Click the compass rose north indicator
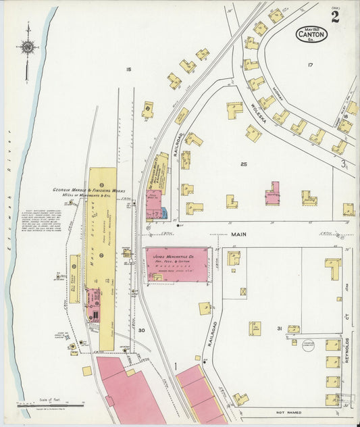[x=28, y=47]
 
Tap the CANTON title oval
[x=311, y=34]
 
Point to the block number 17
[x=310, y=65]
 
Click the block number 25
[x=244, y=164]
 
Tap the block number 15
[x=128, y=70]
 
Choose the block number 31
[x=278, y=328]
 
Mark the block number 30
[x=141, y=330]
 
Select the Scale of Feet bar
[x=51, y=403]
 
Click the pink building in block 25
[x=272, y=194]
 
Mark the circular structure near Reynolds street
[x=309, y=345]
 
